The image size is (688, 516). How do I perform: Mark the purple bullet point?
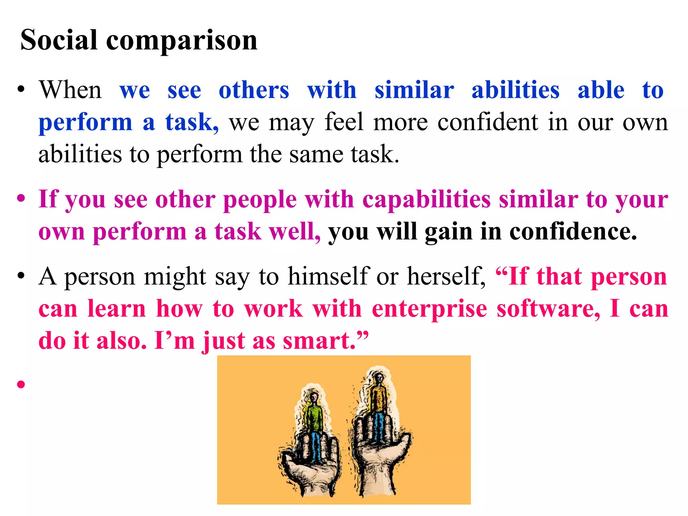point(21,198)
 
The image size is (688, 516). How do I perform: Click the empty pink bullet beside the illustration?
point(21,384)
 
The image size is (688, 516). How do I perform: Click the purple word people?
point(260,200)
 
